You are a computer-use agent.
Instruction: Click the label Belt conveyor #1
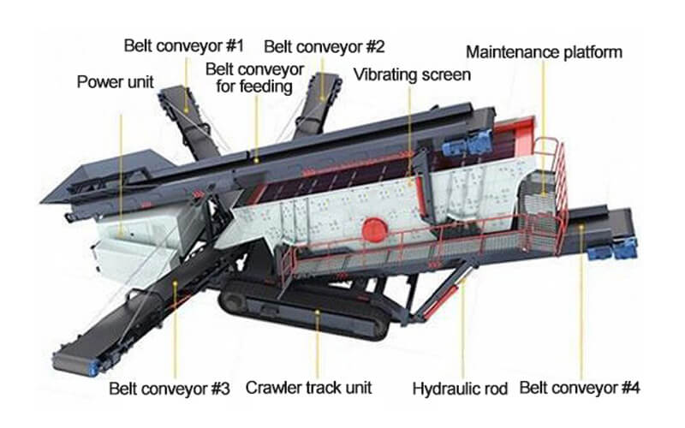pyautogui.click(x=183, y=45)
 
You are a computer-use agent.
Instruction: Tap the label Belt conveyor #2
pyautogui.click(x=325, y=46)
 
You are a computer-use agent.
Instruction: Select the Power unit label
pyautogui.click(x=116, y=81)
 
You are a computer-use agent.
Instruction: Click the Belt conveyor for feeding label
pyautogui.click(x=254, y=78)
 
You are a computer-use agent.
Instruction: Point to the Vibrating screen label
pyautogui.click(x=412, y=74)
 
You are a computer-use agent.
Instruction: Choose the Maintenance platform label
pyautogui.click(x=544, y=52)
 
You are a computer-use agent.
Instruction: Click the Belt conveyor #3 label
pyautogui.click(x=169, y=389)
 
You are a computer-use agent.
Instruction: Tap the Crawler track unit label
pyautogui.click(x=308, y=388)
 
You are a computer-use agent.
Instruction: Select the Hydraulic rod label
pyautogui.click(x=460, y=389)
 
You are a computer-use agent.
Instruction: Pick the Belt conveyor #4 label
pyautogui.click(x=580, y=388)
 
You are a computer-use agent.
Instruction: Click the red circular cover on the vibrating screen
pyautogui.click(x=374, y=229)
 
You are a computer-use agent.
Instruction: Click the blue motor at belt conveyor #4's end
pyautogui.click(x=611, y=250)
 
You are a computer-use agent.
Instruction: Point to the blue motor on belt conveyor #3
pyautogui.click(x=94, y=368)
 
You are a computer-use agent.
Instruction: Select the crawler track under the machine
pyautogui.click(x=305, y=310)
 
